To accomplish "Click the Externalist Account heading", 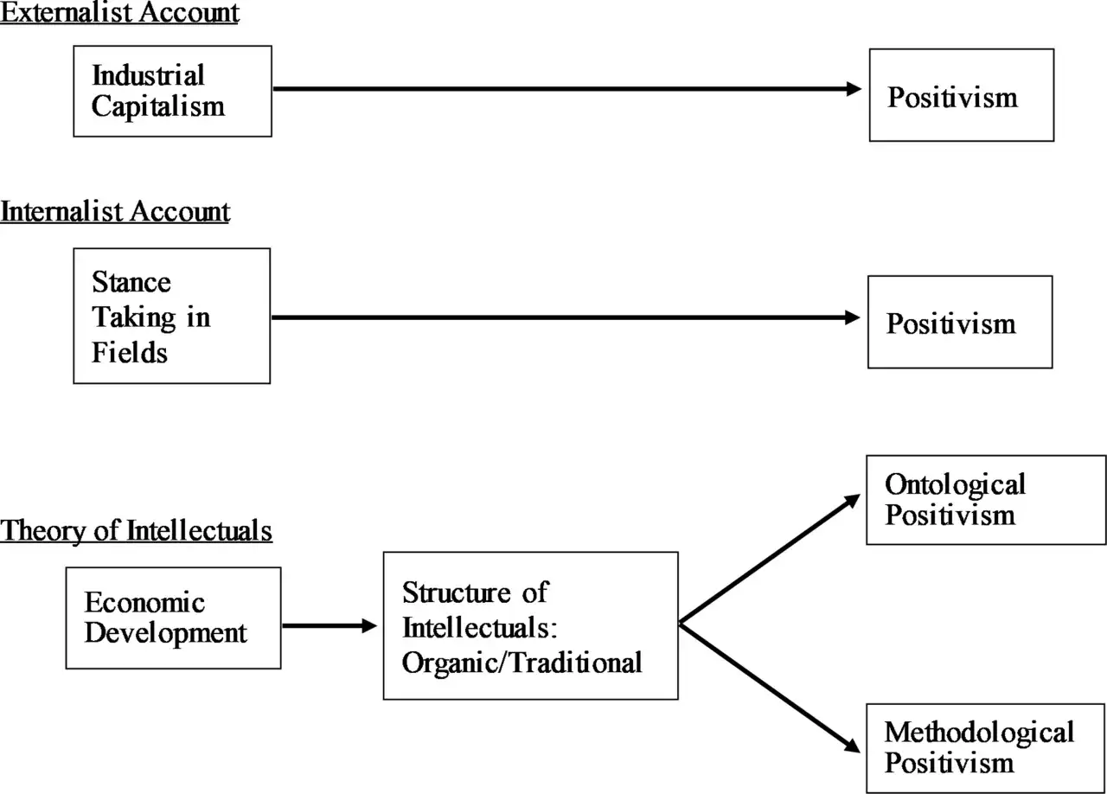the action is click(x=119, y=12).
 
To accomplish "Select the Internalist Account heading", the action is click(x=115, y=212).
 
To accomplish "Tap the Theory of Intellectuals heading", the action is click(x=136, y=530).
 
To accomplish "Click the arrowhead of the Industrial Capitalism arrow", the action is click(x=854, y=89).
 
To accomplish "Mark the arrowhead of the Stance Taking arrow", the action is click(x=853, y=317).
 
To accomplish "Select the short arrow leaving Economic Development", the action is click(x=330, y=626).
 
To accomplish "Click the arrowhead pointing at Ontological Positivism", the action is click(x=852, y=500).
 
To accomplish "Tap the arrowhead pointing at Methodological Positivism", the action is click(x=852, y=746).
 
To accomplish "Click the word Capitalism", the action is click(x=158, y=106).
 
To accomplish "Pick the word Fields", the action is click(x=130, y=353).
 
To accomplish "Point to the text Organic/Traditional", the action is click(x=522, y=663).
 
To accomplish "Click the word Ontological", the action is click(x=955, y=484).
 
